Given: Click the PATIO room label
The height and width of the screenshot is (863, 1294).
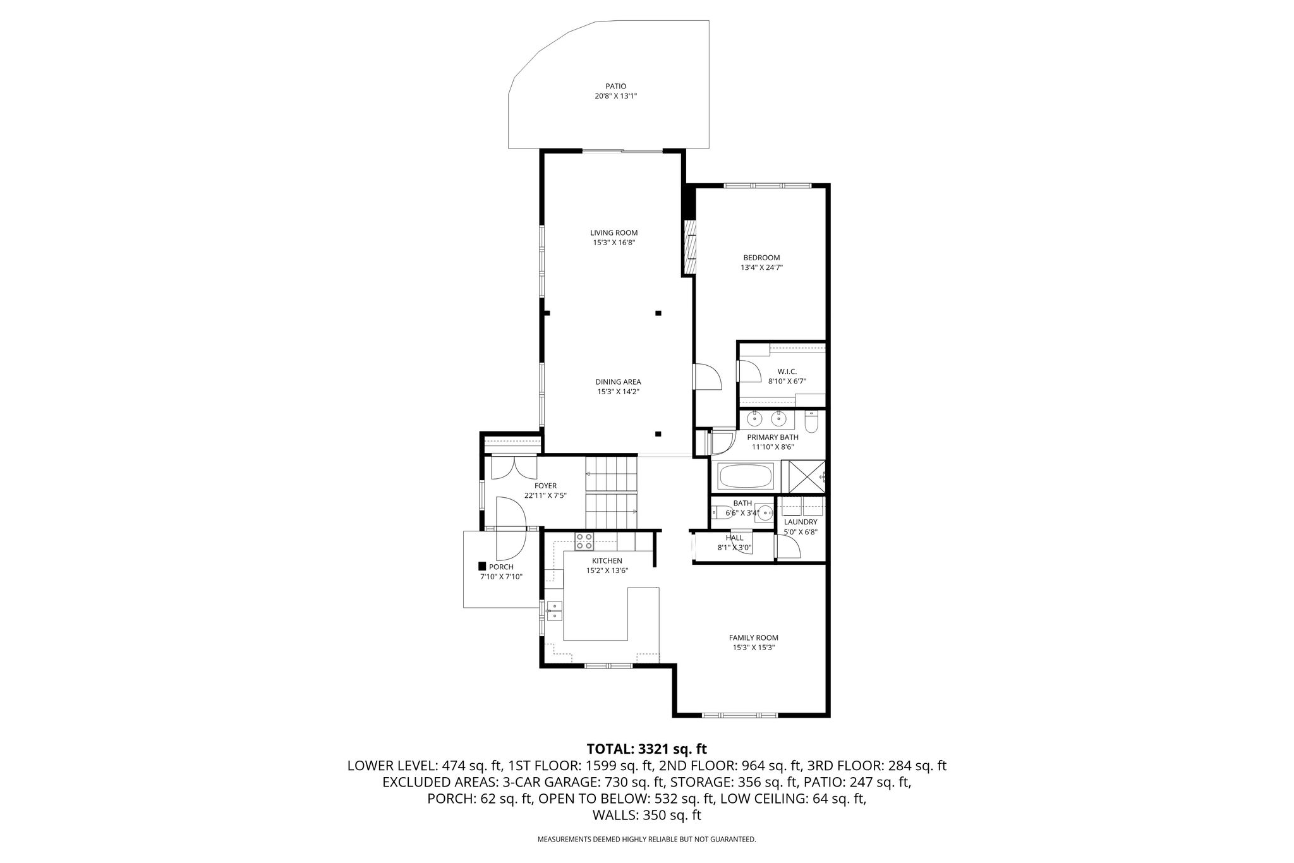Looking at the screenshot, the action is [x=615, y=87].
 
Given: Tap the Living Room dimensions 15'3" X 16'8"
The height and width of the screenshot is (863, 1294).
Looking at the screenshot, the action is [x=614, y=243].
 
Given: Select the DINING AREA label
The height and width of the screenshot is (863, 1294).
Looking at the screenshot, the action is [x=618, y=382].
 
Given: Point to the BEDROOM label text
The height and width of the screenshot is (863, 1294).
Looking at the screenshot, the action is [x=761, y=258].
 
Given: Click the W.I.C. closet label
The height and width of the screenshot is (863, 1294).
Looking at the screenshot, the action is [x=787, y=371].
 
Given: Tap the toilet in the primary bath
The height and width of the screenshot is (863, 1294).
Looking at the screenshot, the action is [x=812, y=421].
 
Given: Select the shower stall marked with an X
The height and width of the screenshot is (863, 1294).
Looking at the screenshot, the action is [x=803, y=477].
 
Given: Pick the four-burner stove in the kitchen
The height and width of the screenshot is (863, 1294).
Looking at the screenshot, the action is [x=584, y=541].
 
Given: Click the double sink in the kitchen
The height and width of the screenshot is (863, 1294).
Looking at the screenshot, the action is [x=554, y=612].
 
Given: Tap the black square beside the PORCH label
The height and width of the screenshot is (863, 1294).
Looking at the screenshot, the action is [x=482, y=567].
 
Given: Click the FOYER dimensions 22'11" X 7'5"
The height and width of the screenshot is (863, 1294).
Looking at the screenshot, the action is [x=545, y=496].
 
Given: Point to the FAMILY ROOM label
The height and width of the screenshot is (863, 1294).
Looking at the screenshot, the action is [x=754, y=637].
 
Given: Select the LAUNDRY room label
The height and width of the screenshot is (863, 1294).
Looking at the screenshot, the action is [x=801, y=522].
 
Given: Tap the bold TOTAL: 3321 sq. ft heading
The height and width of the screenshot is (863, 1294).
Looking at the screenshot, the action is [x=646, y=749].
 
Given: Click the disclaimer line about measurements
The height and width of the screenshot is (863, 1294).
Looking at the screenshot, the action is [x=646, y=840].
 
